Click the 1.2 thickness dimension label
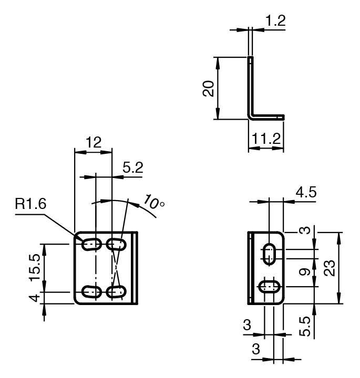(x=275, y=20)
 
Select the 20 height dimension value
(x=208, y=89)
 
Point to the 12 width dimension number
(x=94, y=142)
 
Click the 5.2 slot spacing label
(x=133, y=167)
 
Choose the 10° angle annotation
(x=153, y=202)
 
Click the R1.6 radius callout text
(x=30, y=204)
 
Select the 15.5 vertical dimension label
(x=35, y=268)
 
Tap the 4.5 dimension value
(x=306, y=192)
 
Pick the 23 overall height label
(x=330, y=268)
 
